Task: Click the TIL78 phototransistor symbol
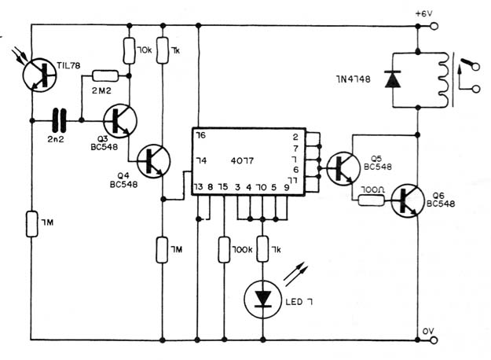(x=39, y=75)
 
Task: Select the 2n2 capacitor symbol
(x=60, y=120)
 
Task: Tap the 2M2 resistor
(x=105, y=75)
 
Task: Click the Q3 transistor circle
(x=120, y=120)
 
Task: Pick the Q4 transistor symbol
(x=153, y=161)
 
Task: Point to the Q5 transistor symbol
(x=343, y=168)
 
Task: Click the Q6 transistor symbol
(x=408, y=201)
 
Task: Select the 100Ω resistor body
(x=371, y=200)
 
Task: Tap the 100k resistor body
(x=224, y=250)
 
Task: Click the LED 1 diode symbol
(x=262, y=299)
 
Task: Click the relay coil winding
(x=443, y=79)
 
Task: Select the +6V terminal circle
(x=434, y=26)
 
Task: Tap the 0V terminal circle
(x=434, y=340)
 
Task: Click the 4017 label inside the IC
(x=242, y=160)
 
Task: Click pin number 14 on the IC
(x=201, y=160)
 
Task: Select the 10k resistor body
(x=129, y=51)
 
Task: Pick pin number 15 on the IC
(x=223, y=187)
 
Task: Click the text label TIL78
(x=68, y=65)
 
